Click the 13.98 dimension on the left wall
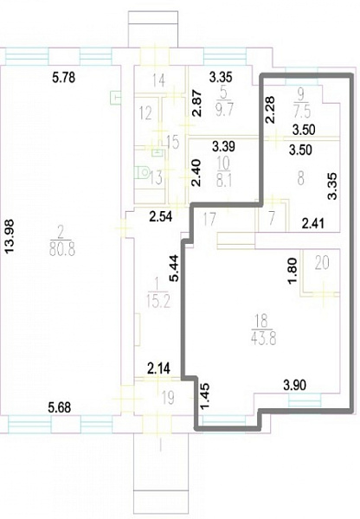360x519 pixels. point(10,236)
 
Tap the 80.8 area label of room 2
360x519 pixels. point(62,248)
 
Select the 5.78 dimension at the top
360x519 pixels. point(64,78)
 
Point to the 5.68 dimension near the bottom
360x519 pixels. point(60,407)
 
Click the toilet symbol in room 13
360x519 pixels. point(143,172)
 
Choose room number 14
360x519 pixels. point(159,80)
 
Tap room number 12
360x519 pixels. point(145,112)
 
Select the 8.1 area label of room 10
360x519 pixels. point(224,181)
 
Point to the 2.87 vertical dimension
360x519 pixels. point(196,103)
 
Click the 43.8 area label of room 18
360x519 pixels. point(264,338)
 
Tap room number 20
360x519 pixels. point(322,263)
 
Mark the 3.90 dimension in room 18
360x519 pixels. point(295,385)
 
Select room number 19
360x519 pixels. point(168,398)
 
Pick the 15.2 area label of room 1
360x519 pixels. point(158,302)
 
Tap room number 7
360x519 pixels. point(272,219)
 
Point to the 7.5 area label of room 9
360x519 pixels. point(302,112)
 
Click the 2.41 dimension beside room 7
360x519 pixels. point(313,224)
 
